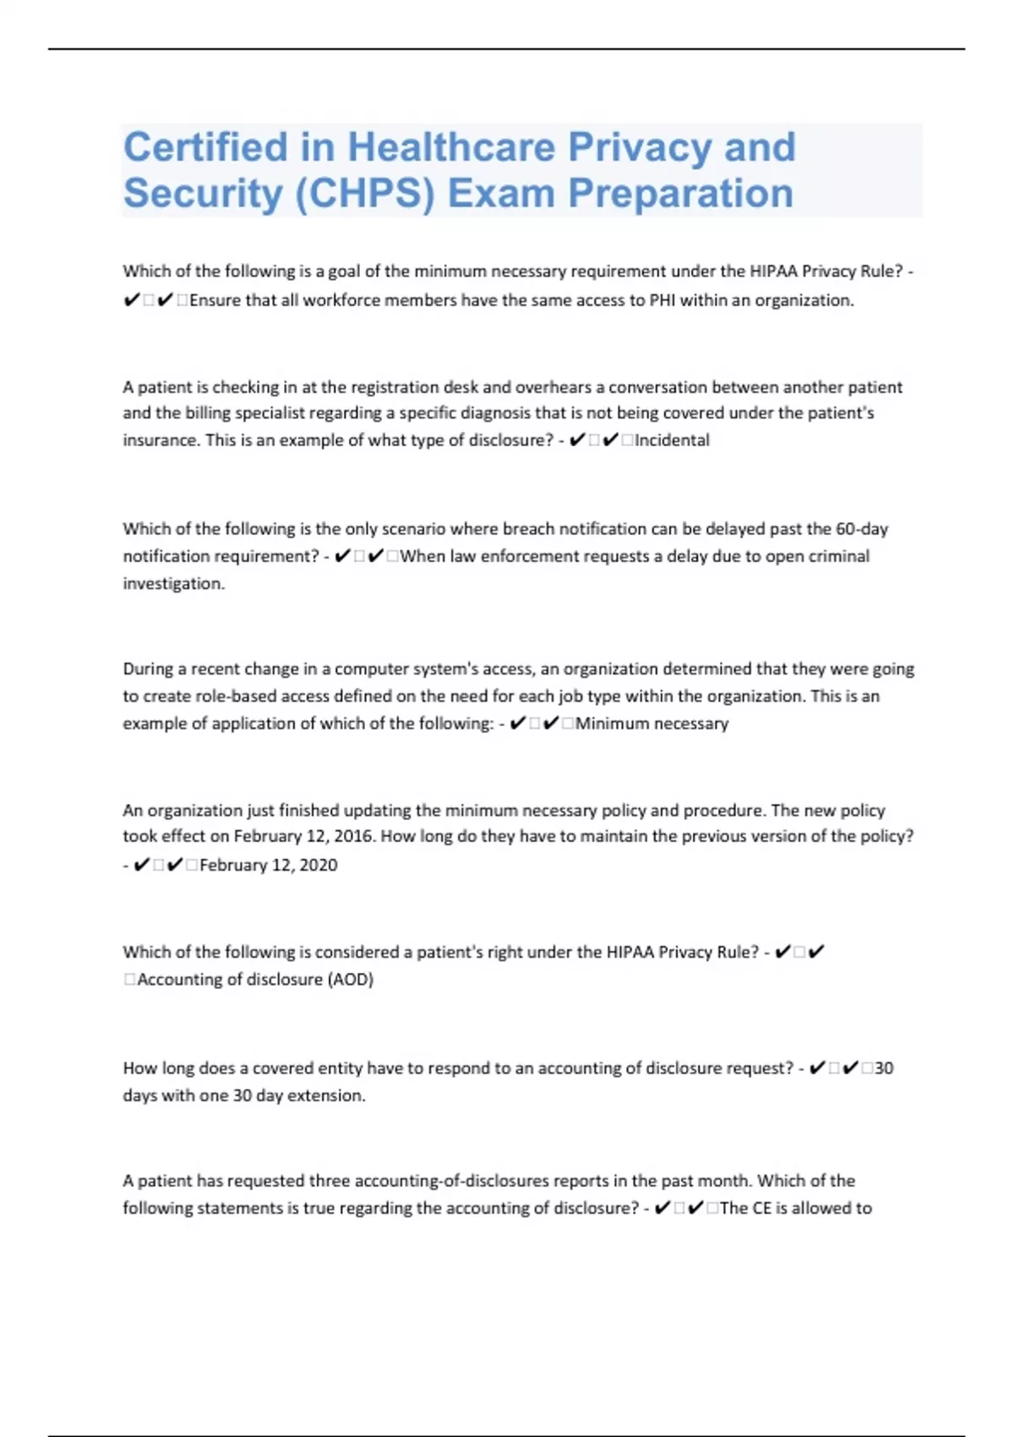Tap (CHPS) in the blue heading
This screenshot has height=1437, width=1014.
coord(365,193)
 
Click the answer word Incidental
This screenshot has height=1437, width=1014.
coord(672,440)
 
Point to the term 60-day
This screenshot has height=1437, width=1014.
coord(861,529)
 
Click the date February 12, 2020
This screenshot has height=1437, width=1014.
coord(268,866)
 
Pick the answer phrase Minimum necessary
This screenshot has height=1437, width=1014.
coord(651,724)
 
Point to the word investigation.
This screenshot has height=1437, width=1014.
coord(173,584)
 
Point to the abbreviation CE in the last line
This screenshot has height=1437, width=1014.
coord(761,1209)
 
